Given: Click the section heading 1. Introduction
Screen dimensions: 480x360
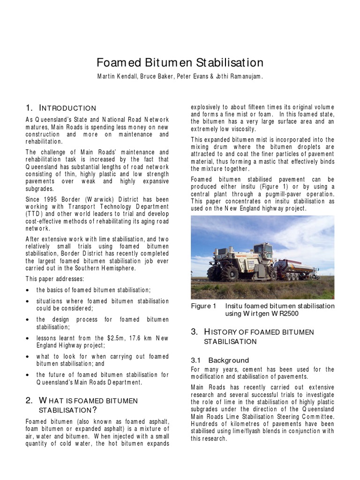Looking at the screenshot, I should (x=61, y=108).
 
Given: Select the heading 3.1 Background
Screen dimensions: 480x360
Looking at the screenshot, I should (x=220, y=360).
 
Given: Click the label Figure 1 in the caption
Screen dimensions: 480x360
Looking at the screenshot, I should (x=203, y=306).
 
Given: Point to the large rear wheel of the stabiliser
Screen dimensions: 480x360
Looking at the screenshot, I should (x=217, y=273).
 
